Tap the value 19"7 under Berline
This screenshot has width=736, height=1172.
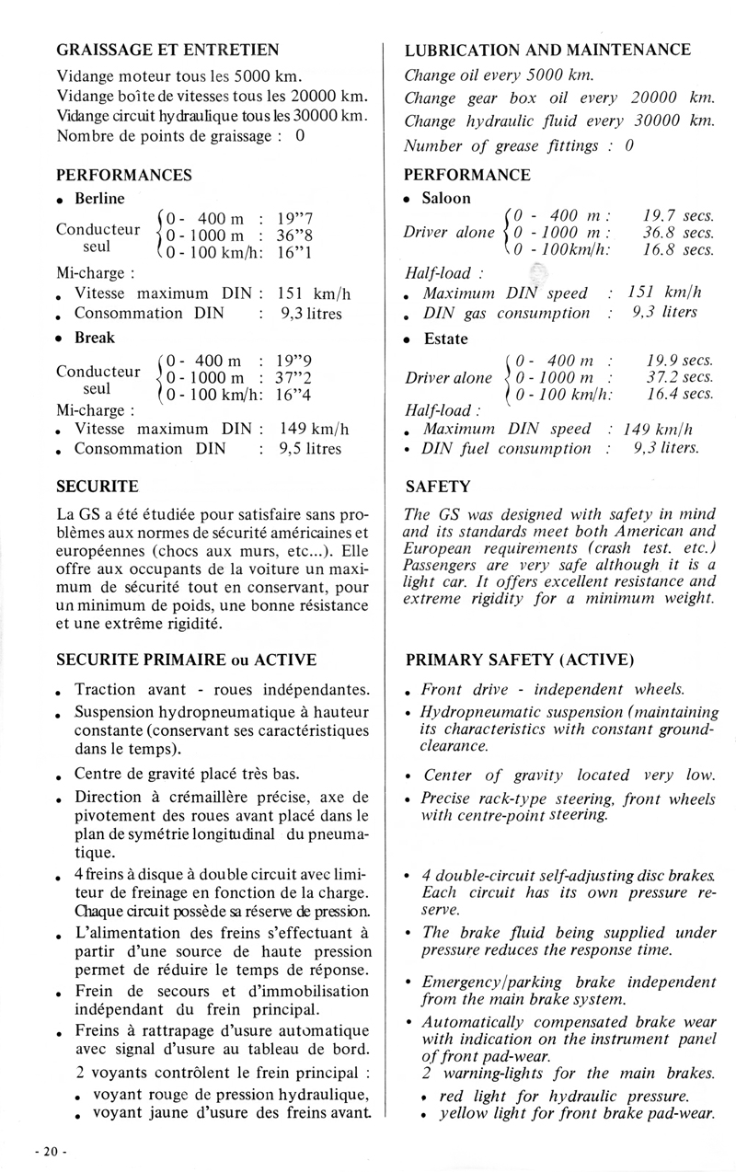[297, 218]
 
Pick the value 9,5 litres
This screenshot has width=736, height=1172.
[310, 449]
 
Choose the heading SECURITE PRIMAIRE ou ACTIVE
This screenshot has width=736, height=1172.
[187, 659]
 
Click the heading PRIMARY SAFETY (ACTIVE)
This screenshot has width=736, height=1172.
[519, 659]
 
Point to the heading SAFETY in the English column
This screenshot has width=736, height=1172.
[438, 486]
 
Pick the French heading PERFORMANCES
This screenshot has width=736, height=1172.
[124, 175]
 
